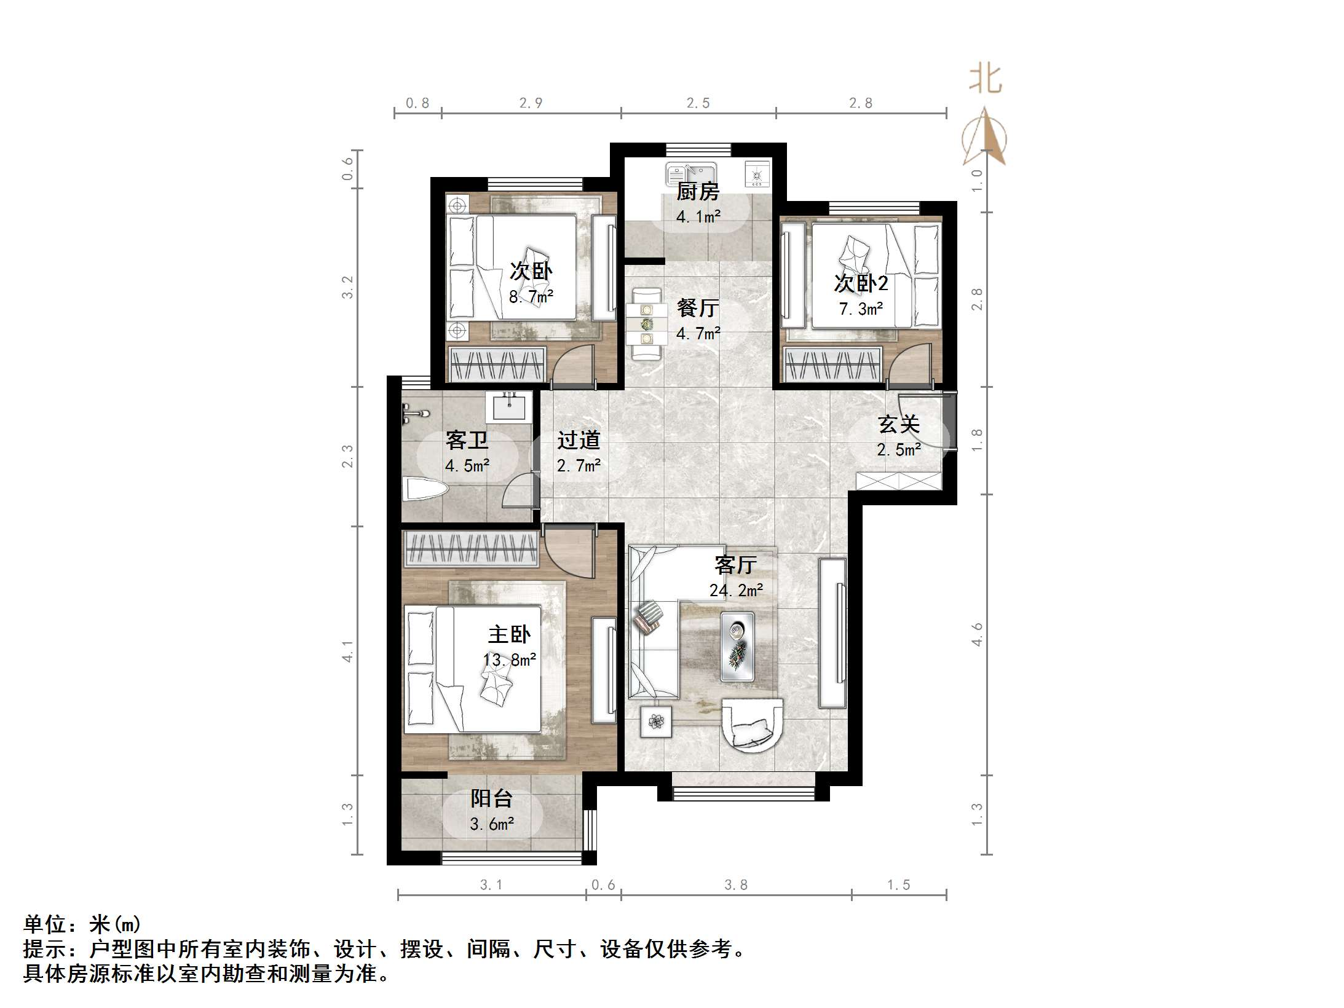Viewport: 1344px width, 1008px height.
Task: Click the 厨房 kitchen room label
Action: (x=698, y=192)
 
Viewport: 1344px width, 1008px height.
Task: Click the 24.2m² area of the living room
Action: (x=736, y=590)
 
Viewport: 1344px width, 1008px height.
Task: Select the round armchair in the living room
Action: (x=753, y=725)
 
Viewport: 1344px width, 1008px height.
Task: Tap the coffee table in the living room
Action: (x=737, y=646)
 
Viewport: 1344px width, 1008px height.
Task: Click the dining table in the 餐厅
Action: (x=646, y=324)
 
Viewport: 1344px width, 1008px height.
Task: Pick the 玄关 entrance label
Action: (x=898, y=424)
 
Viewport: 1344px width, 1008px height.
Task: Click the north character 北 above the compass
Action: (x=986, y=80)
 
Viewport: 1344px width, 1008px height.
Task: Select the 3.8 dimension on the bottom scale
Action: (x=735, y=884)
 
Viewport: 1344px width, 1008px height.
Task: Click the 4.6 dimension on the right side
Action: (x=977, y=634)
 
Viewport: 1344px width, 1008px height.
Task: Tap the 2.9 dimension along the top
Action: (x=531, y=103)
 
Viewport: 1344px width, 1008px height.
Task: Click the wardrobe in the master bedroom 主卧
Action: (x=471, y=548)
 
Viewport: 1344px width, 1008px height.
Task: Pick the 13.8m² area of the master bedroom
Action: (x=510, y=660)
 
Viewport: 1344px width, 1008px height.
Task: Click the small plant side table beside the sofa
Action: (x=656, y=721)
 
